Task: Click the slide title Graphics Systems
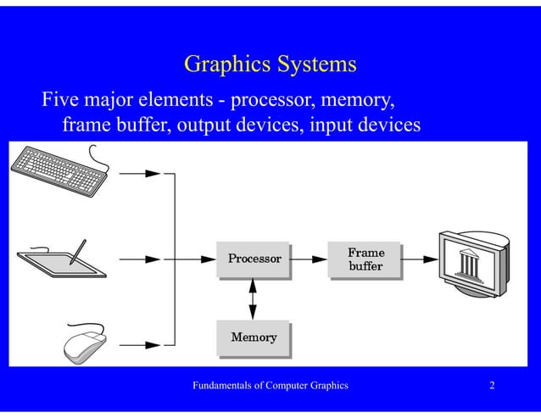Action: pyautogui.click(x=270, y=64)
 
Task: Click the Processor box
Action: pyautogui.click(x=253, y=258)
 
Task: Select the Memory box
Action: pyautogui.click(x=253, y=337)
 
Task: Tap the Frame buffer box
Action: pyautogui.click(x=365, y=259)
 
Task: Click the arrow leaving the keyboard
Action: pyautogui.click(x=140, y=173)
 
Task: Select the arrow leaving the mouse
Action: pyautogui.click(x=140, y=344)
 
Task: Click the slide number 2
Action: pyautogui.click(x=492, y=387)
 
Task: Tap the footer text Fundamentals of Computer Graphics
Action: pyautogui.click(x=270, y=387)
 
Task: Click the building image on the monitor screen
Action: pyautogui.click(x=467, y=264)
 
